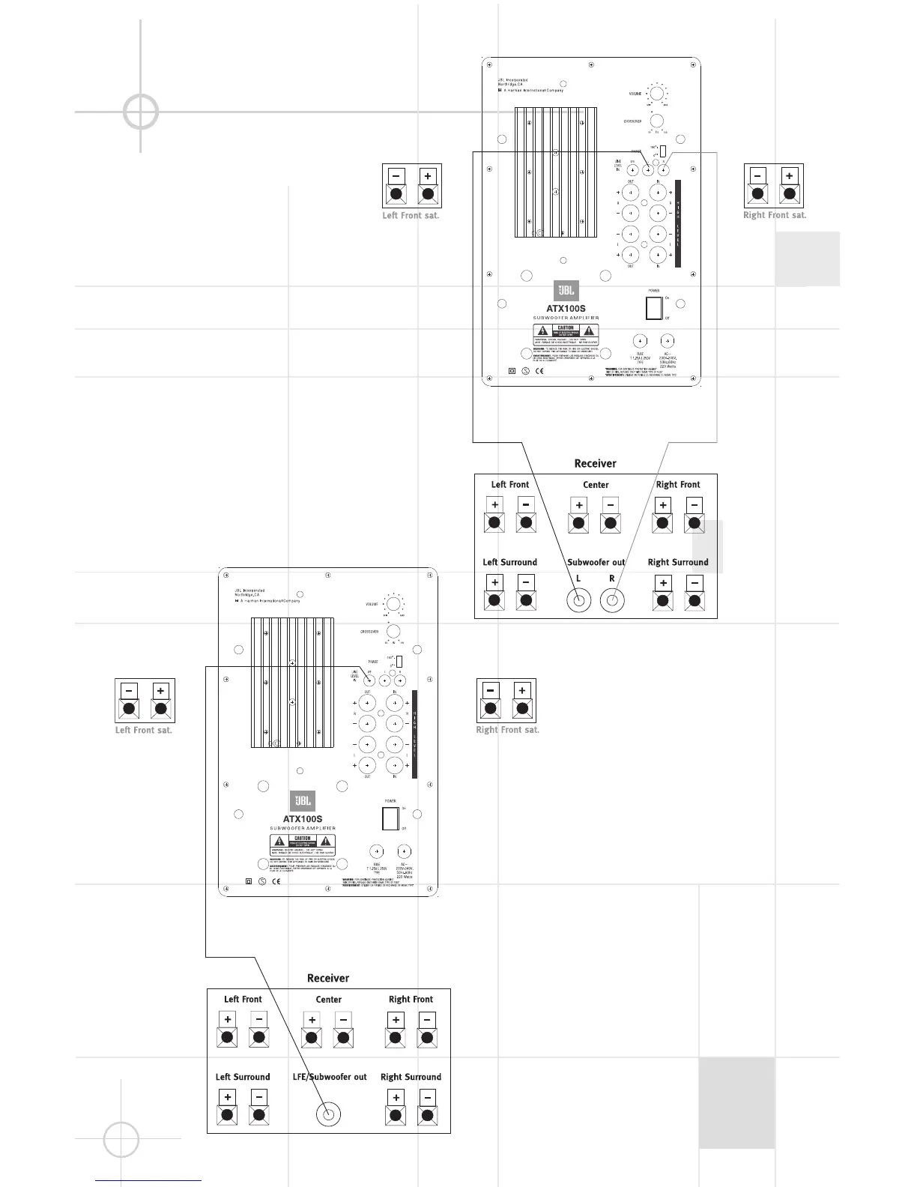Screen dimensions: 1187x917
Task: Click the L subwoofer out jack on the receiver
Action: tap(578, 600)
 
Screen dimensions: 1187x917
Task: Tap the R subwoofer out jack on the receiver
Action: tap(612, 600)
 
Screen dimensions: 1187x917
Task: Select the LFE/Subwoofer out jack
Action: tap(328, 1114)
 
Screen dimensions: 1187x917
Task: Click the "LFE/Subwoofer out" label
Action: tap(329, 1077)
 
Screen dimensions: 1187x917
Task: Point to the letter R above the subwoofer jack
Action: tap(612, 579)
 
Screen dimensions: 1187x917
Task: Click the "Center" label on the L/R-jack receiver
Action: tap(596, 485)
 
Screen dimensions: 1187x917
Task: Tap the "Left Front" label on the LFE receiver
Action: tap(243, 999)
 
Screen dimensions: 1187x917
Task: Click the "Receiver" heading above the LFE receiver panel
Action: tap(328, 978)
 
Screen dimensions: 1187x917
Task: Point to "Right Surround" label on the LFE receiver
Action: tap(411, 1077)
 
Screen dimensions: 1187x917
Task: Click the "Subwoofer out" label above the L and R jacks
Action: tap(596, 562)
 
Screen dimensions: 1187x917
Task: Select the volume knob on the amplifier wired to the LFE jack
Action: tap(392, 604)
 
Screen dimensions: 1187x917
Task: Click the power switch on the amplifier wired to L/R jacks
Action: tap(654, 308)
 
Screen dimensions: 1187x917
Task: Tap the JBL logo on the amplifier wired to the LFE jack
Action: tap(303, 801)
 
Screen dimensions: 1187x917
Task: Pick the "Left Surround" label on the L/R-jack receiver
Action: tap(509, 562)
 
